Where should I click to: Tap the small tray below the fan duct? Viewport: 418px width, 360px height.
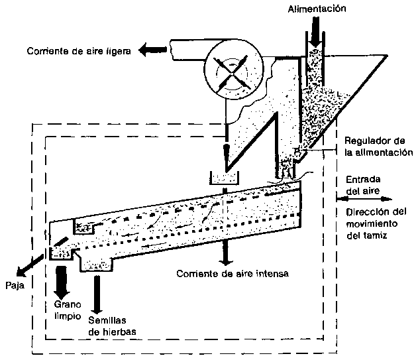pos(225,177)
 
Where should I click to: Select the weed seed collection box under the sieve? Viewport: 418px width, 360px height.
pos(98,264)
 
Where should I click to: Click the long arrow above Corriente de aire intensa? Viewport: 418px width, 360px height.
pos(226,225)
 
